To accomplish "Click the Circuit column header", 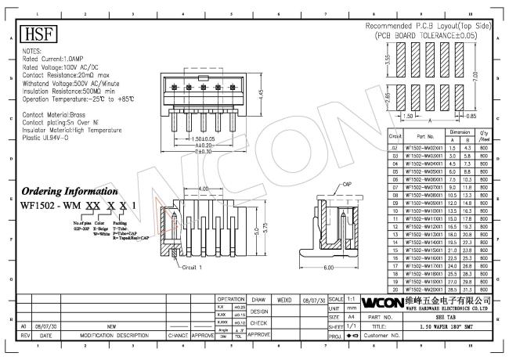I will [x=395, y=135].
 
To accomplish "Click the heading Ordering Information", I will [x=69, y=191].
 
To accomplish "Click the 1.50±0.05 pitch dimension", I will [x=204, y=138].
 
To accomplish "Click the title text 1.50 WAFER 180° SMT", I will [x=456, y=326].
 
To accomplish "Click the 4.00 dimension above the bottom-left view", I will [x=202, y=189].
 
